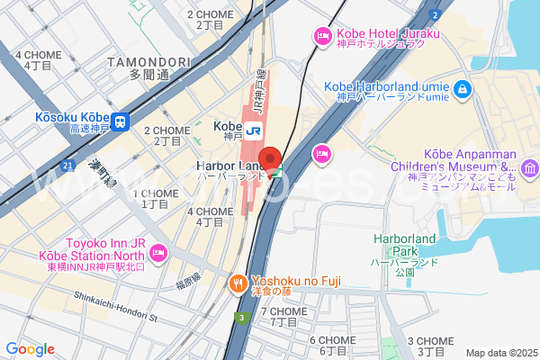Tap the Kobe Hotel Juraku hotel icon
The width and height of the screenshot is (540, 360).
point(322,37)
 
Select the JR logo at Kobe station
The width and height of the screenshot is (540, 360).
point(254,128)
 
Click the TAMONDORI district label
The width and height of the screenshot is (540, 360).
point(148,61)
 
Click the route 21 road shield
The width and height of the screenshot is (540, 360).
point(68,166)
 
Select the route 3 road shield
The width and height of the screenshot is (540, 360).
point(241,317)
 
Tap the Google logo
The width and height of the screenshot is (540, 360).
point(30,349)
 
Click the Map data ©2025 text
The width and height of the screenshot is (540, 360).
point(499,353)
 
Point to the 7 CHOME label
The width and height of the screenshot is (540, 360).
point(283,311)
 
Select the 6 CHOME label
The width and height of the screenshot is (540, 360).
point(333,340)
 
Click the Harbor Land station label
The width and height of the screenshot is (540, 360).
point(227,167)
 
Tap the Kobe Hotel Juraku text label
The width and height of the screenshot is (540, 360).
point(388,34)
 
